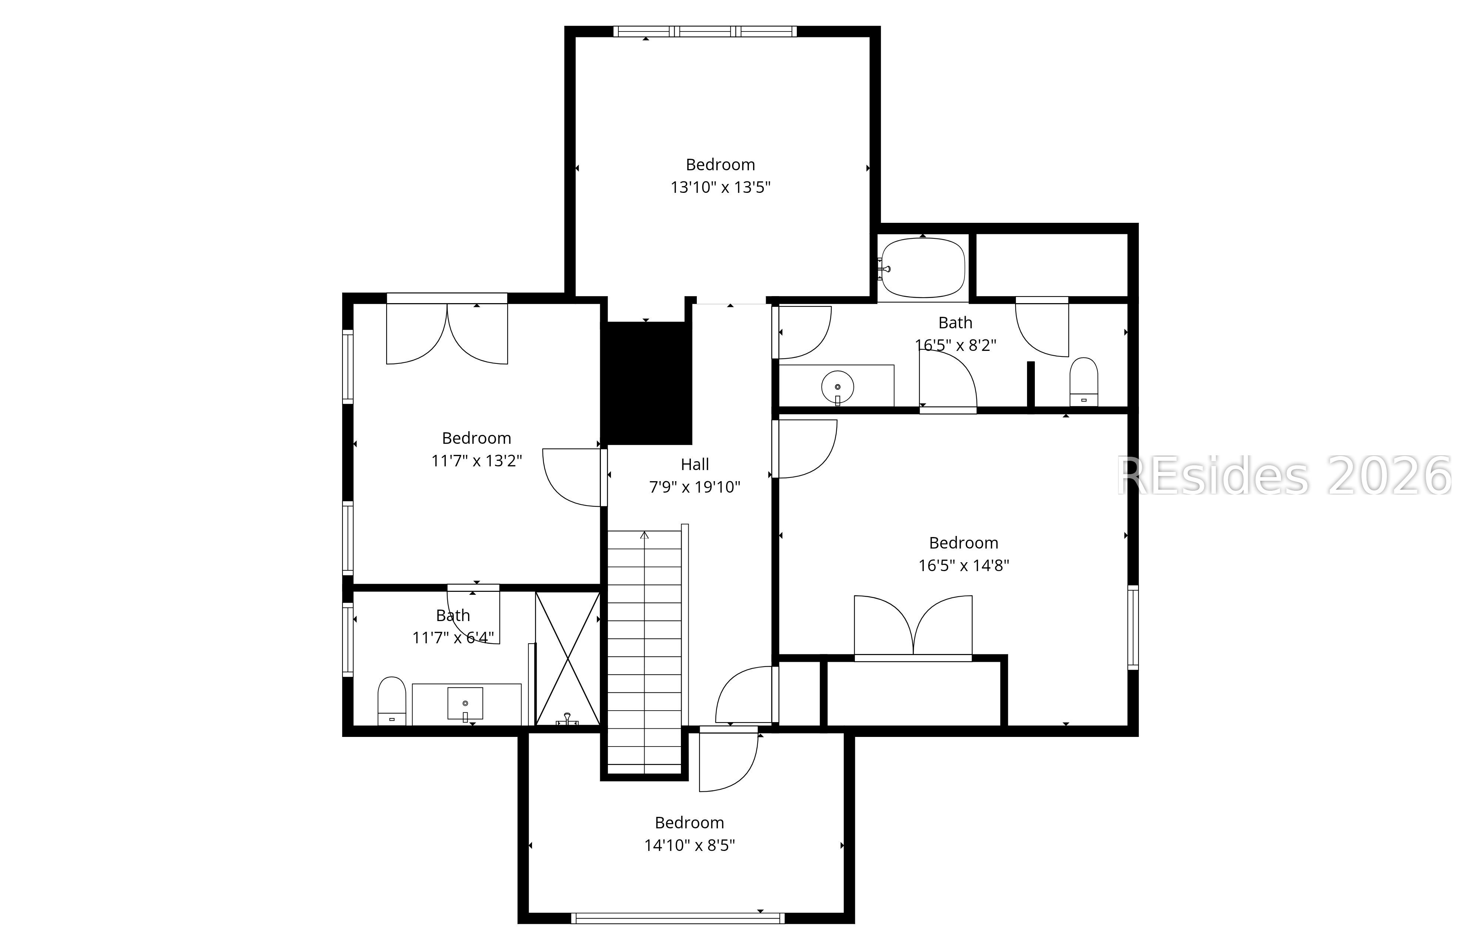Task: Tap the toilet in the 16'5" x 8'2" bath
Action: (1083, 382)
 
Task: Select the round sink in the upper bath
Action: (838, 388)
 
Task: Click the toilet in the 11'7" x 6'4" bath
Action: (391, 701)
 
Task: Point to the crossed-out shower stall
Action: (567, 658)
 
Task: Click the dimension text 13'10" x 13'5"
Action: (721, 187)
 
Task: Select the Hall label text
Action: (695, 465)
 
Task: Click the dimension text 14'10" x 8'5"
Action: (689, 845)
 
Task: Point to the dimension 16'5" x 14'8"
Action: (963, 566)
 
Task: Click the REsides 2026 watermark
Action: (1284, 476)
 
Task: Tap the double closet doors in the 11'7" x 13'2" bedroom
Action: (447, 333)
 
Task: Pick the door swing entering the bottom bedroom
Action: (729, 761)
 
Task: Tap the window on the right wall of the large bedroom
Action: (1133, 627)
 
